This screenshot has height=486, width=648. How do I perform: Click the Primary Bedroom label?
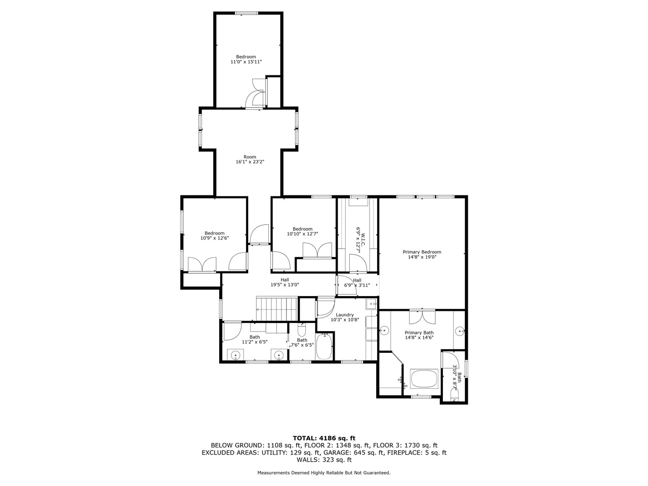(x=422, y=252)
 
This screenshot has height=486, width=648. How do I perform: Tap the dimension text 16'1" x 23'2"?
(x=250, y=162)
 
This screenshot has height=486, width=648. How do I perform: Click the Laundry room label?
(x=344, y=315)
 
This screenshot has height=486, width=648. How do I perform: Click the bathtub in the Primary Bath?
(x=424, y=379)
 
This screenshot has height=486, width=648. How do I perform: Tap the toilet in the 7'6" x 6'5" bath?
(x=302, y=332)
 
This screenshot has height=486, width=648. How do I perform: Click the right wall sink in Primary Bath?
(x=460, y=331)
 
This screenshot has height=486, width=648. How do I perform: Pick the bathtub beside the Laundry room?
(x=323, y=347)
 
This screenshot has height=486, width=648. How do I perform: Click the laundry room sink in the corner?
(x=371, y=304)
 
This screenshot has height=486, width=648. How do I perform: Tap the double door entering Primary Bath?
(x=422, y=317)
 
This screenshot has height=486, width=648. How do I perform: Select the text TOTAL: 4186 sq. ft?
(x=324, y=438)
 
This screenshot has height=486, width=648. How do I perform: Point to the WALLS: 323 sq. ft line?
(x=324, y=460)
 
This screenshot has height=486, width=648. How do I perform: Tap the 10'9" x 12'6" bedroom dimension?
(x=214, y=238)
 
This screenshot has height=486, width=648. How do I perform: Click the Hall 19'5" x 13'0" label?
(x=285, y=282)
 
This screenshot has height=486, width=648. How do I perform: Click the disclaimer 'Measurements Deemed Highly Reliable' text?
(x=324, y=473)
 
